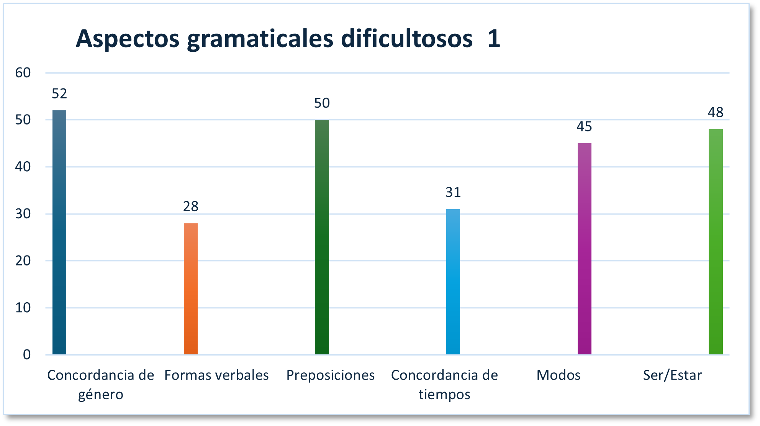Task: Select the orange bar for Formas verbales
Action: (x=191, y=289)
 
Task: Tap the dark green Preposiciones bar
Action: (x=322, y=237)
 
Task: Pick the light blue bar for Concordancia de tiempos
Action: (x=453, y=282)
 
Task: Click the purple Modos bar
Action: (x=584, y=249)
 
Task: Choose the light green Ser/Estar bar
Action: (x=716, y=242)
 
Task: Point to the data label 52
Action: (x=59, y=94)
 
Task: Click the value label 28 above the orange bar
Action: (x=191, y=206)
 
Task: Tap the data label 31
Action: (x=453, y=192)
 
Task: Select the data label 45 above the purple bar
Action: (x=584, y=126)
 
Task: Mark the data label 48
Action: (x=716, y=113)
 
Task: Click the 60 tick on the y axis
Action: (x=23, y=73)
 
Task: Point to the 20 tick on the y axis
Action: (x=23, y=261)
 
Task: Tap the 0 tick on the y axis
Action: (x=26, y=355)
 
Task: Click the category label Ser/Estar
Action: (x=672, y=375)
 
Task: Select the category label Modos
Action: (x=558, y=375)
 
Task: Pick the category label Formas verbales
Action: (x=216, y=375)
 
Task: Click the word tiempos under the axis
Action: (x=444, y=395)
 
